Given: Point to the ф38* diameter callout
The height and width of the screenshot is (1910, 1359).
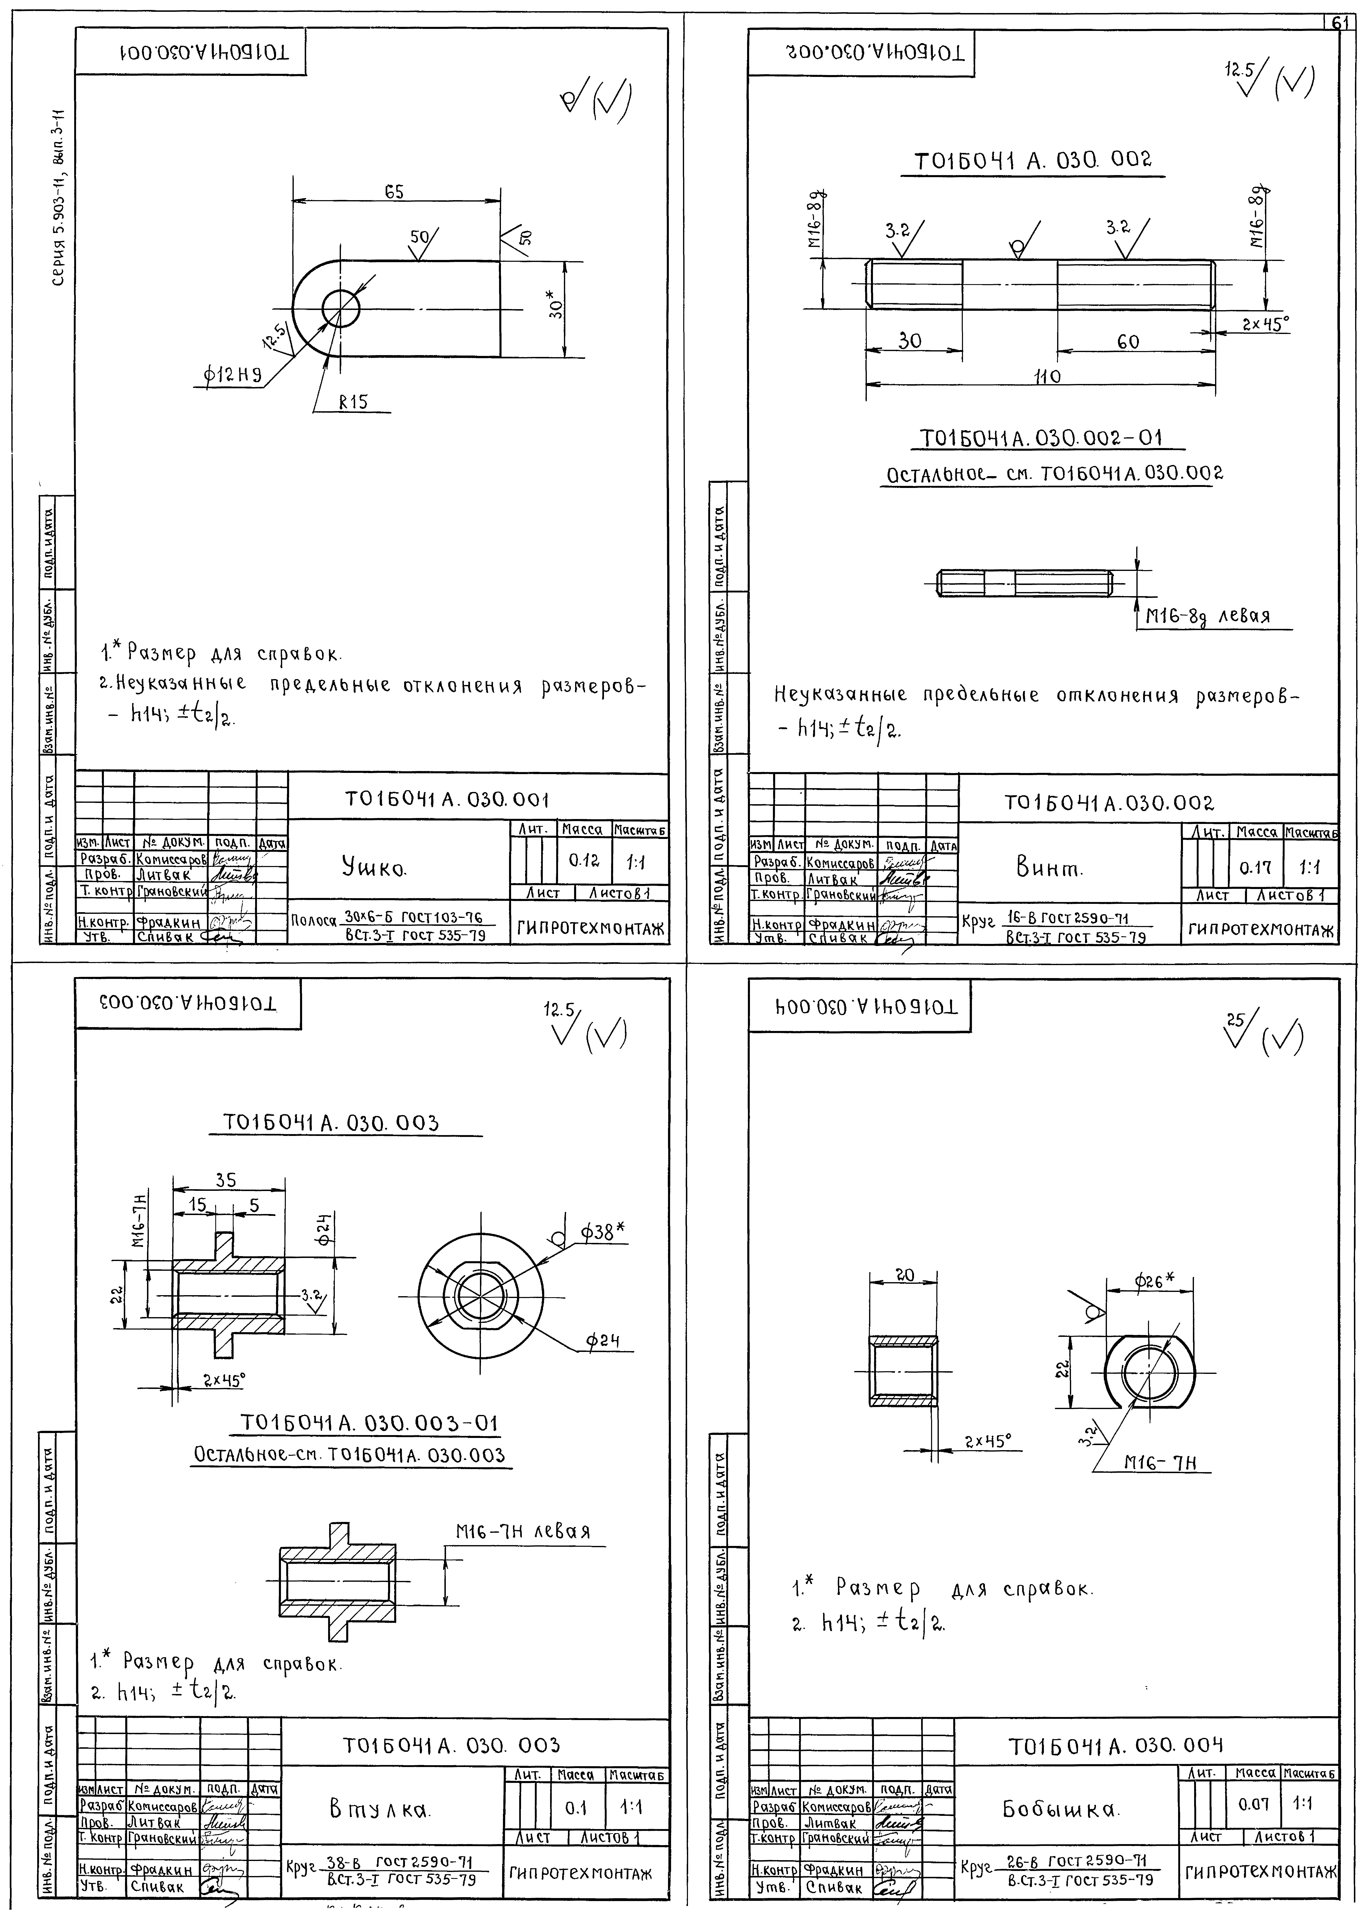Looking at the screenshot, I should click(x=603, y=1232).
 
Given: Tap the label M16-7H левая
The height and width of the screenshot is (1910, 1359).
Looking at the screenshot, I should click(x=522, y=1532).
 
